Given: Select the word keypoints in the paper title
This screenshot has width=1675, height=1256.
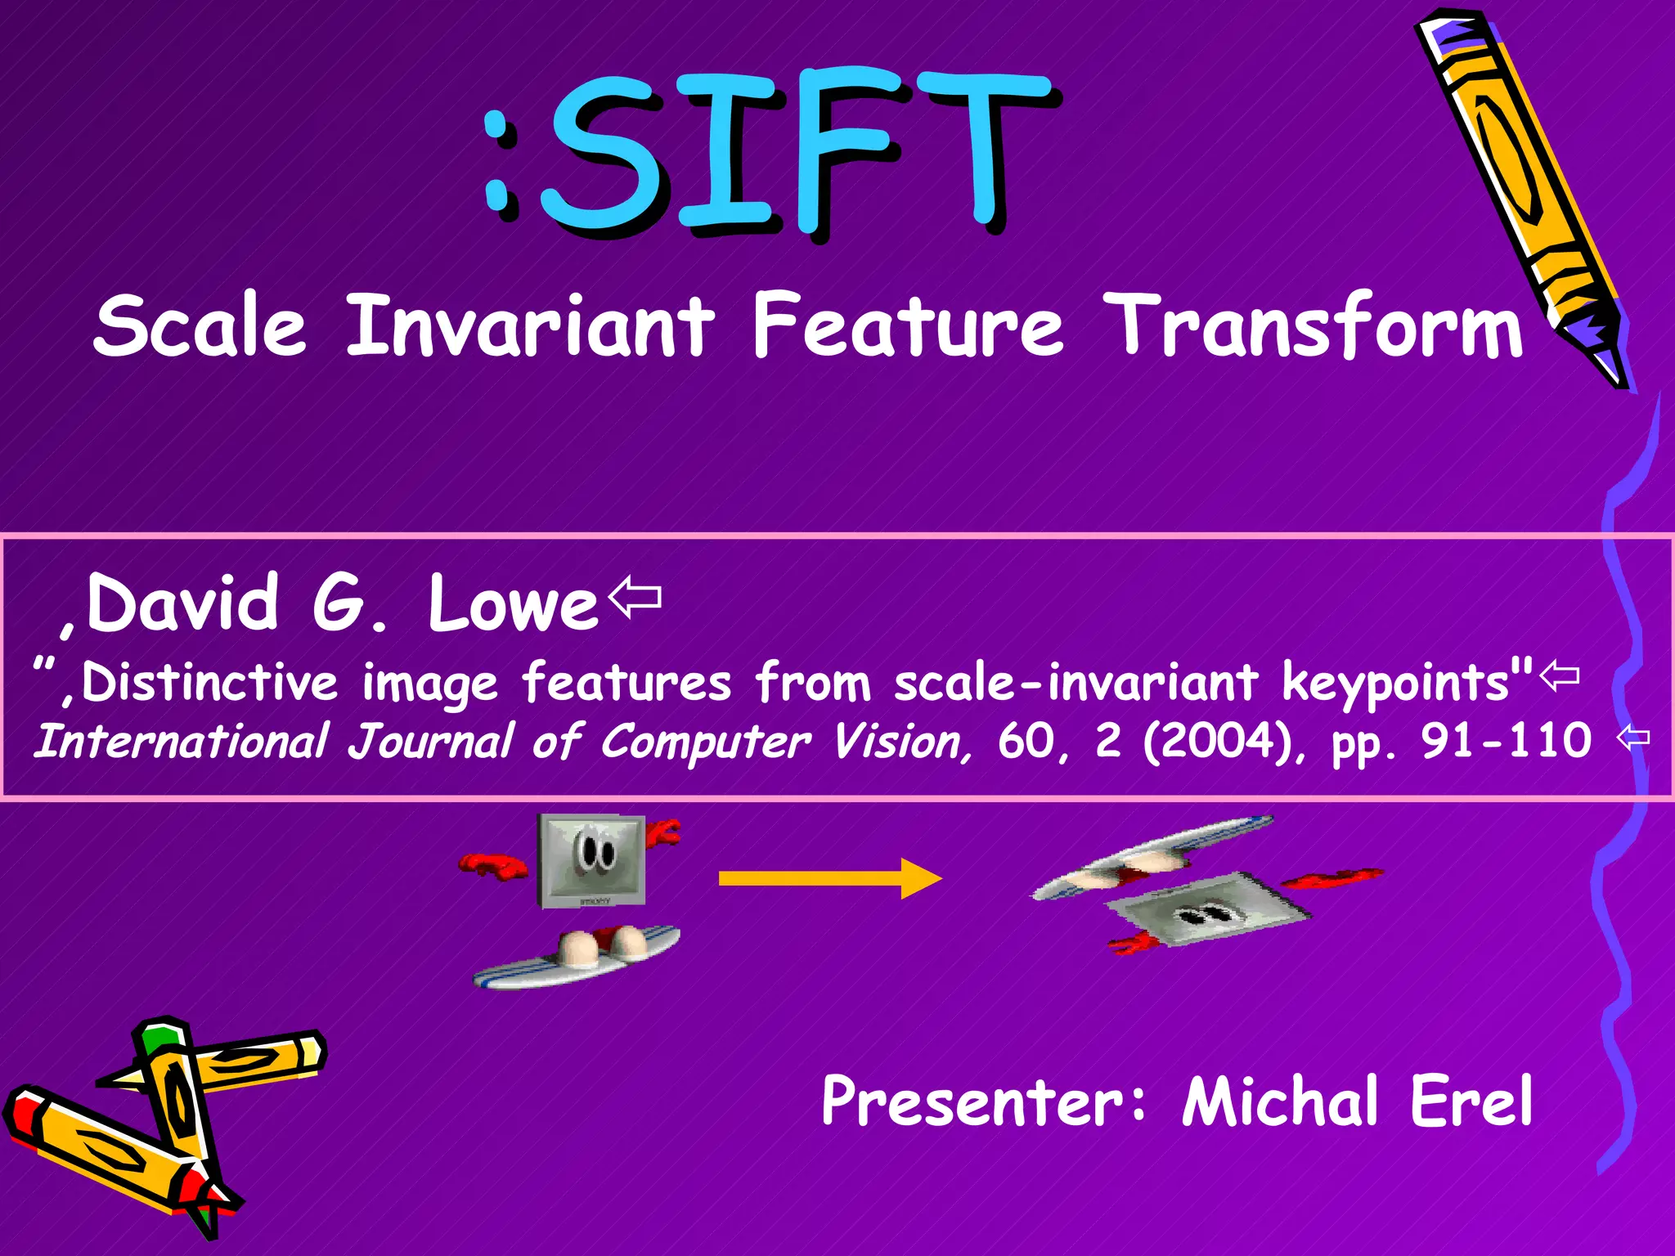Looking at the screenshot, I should point(1395,682).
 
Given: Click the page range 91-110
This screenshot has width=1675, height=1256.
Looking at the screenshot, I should point(1505,741).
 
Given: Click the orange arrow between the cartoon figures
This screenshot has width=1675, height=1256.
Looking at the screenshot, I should point(829,878).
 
